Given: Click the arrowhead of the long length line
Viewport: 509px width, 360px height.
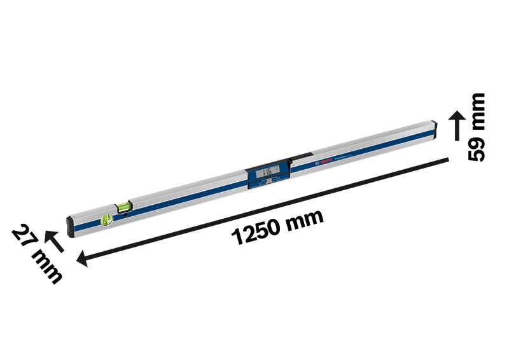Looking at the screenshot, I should (82, 259).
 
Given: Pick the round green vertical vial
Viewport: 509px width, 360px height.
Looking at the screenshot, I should (106, 220).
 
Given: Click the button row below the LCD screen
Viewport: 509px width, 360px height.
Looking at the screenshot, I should (267, 183).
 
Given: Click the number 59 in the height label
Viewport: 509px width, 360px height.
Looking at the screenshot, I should (477, 146).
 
